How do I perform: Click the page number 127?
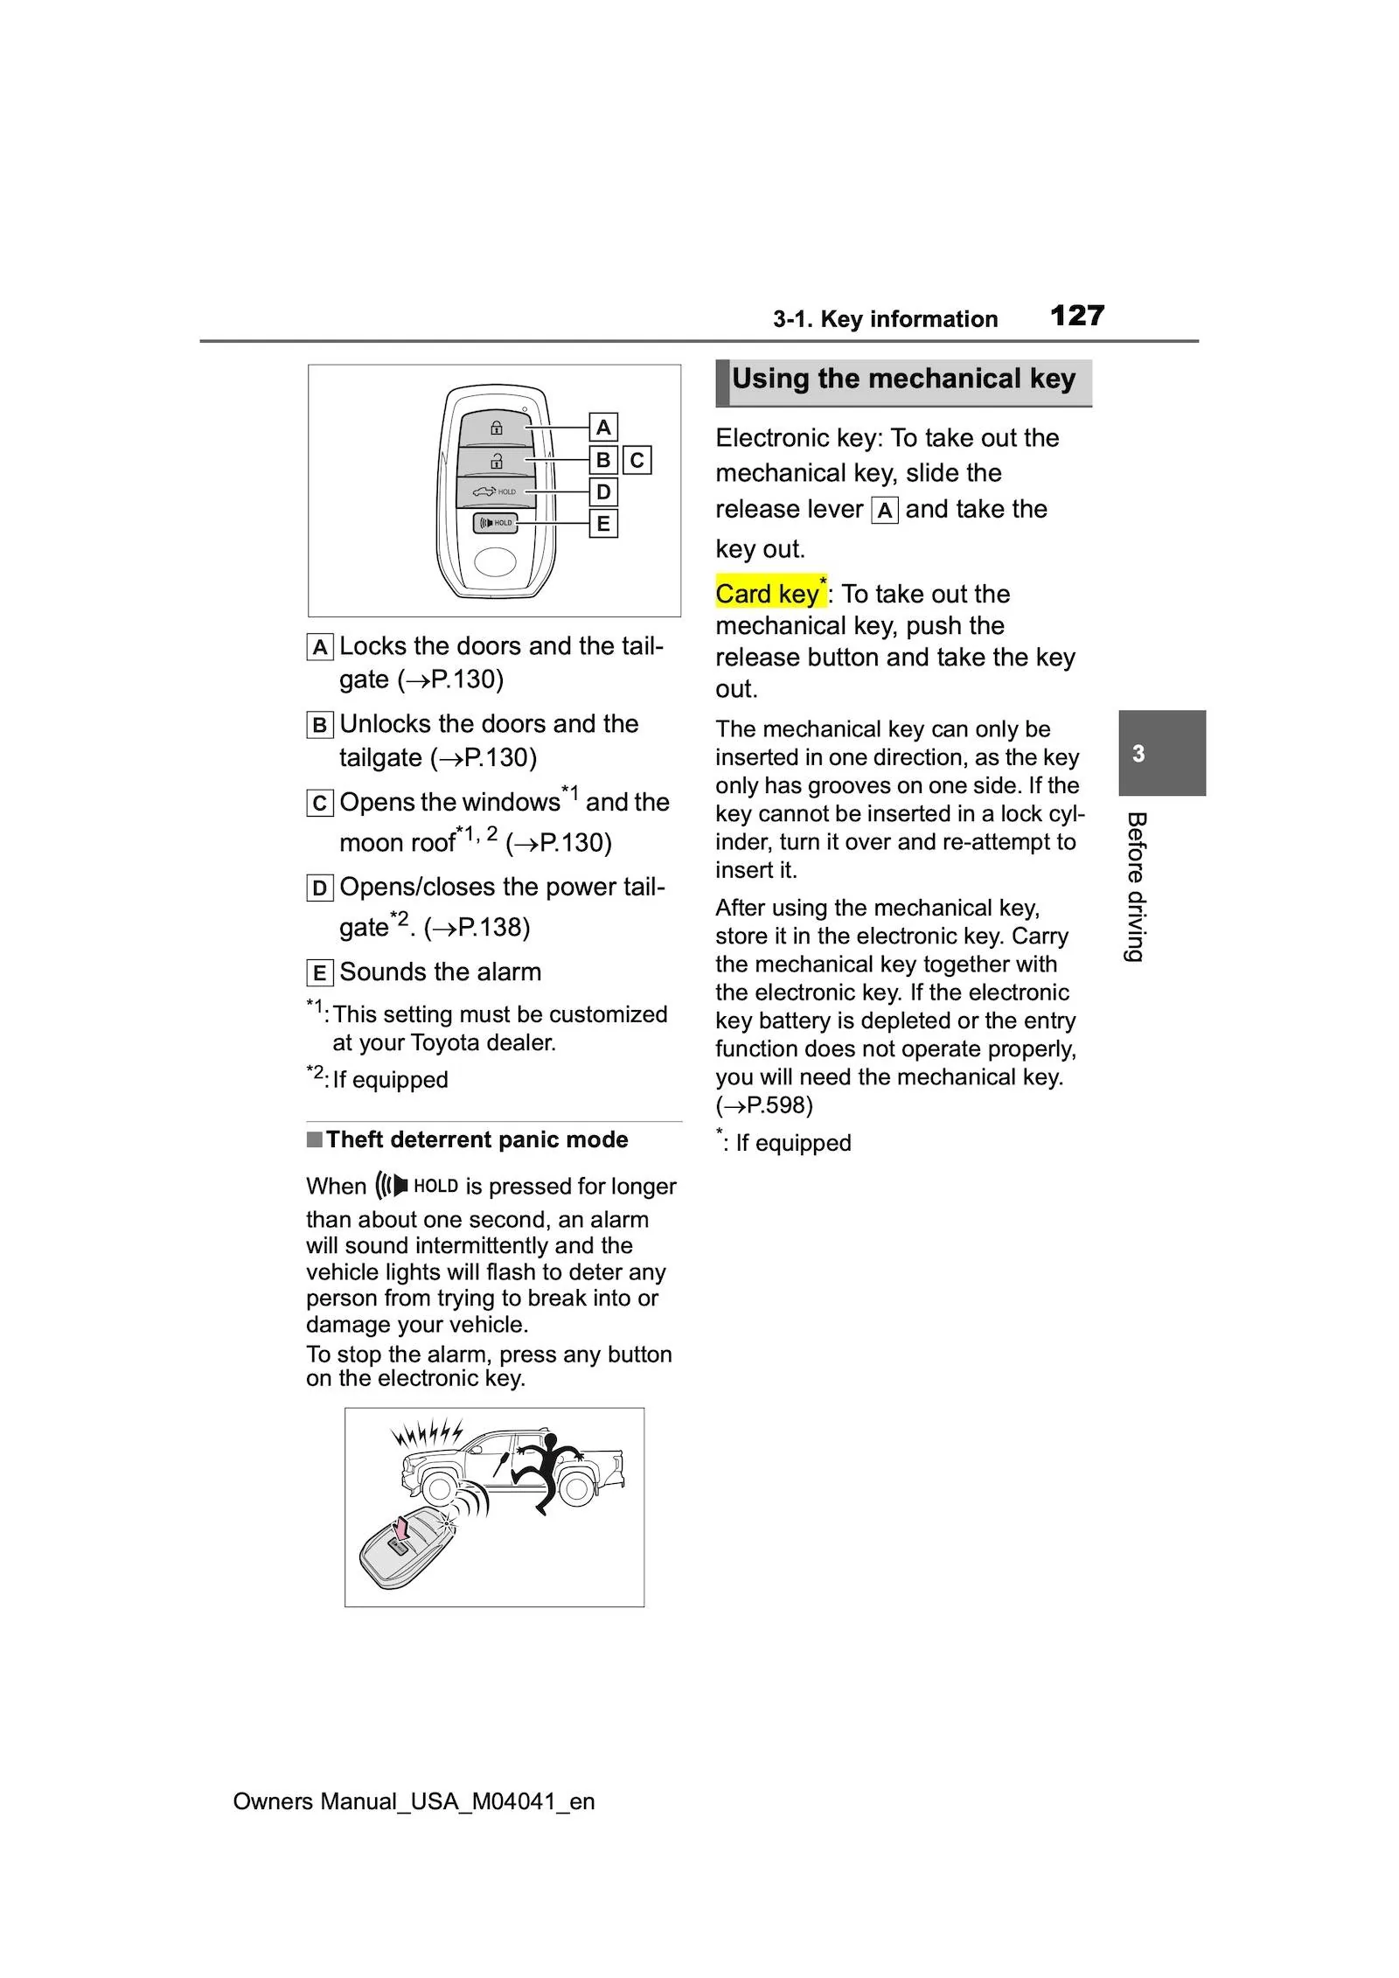[x=1076, y=316]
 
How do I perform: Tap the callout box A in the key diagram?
[x=602, y=428]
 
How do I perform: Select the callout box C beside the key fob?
[x=637, y=460]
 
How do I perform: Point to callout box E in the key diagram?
[x=602, y=524]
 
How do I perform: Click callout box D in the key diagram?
[x=602, y=491]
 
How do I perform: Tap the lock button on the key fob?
[x=496, y=428]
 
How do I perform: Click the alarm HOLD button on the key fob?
[x=496, y=523]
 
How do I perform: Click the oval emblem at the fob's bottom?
[x=496, y=562]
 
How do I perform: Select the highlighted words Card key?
[x=768, y=594]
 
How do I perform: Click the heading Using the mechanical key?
[x=903, y=380]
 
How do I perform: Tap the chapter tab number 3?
[x=1138, y=754]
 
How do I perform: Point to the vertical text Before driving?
[x=1136, y=887]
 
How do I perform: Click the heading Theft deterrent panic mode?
[x=477, y=1139]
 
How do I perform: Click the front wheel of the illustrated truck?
[x=440, y=1489]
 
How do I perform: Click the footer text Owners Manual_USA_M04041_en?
[x=414, y=1801]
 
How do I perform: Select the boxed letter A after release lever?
[x=885, y=511]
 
